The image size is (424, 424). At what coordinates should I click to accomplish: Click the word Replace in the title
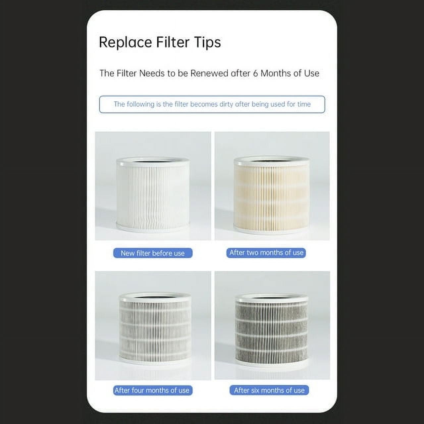pyautogui.click(x=126, y=42)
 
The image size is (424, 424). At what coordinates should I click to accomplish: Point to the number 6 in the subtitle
pyautogui.click(x=255, y=74)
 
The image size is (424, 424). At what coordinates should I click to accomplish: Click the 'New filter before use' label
pyautogui.click(x=153, y=253)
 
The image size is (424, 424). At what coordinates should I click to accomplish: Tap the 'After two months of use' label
pyautogui.click(x=266, y=253)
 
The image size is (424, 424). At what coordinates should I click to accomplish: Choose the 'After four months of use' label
pyautogui.click(x=153, y=390)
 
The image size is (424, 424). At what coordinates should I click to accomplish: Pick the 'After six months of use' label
pyautogui.click(x=269, y=390)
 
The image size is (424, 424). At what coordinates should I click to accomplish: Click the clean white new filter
pyautogui.click(x=153, y=195)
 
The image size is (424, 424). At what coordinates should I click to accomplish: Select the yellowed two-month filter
pyautogui.click(x=272, y=195)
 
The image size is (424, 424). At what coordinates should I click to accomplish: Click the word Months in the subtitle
pyautogui.click(x=273, y=73)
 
